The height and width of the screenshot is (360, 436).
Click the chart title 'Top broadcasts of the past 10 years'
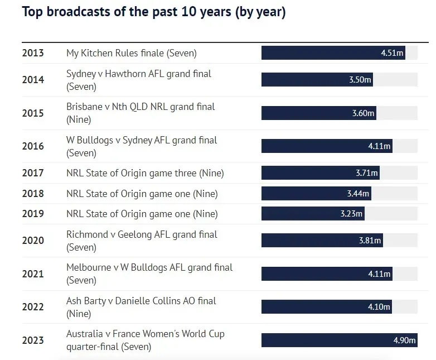point(153,12)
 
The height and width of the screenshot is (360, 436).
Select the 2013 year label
point(33,54)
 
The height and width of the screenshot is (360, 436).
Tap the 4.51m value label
point(392,54)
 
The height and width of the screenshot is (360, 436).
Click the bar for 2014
point(317,80)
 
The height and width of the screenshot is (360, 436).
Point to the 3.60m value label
point(364,113)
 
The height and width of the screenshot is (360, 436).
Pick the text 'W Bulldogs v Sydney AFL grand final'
point(142,140)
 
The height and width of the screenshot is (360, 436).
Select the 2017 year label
point(33,173)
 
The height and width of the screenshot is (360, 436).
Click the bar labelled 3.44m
point(316,194)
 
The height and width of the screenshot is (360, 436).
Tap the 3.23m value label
point(351,214)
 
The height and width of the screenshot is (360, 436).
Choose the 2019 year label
point(33,214)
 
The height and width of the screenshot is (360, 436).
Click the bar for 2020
point(322,241)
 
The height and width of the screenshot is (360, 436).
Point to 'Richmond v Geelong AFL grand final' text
point(142,234)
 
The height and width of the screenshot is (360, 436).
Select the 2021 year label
point(33,274)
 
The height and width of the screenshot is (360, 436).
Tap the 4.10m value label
point(380,307)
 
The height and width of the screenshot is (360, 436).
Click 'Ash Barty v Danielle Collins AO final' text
point(141,301)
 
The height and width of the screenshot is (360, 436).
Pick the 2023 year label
point(33,340)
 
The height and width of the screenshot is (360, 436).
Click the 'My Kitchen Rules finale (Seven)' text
point(132,54)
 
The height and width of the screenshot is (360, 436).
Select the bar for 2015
point(319,113)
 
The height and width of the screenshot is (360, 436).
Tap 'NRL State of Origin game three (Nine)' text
point(145,173)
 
